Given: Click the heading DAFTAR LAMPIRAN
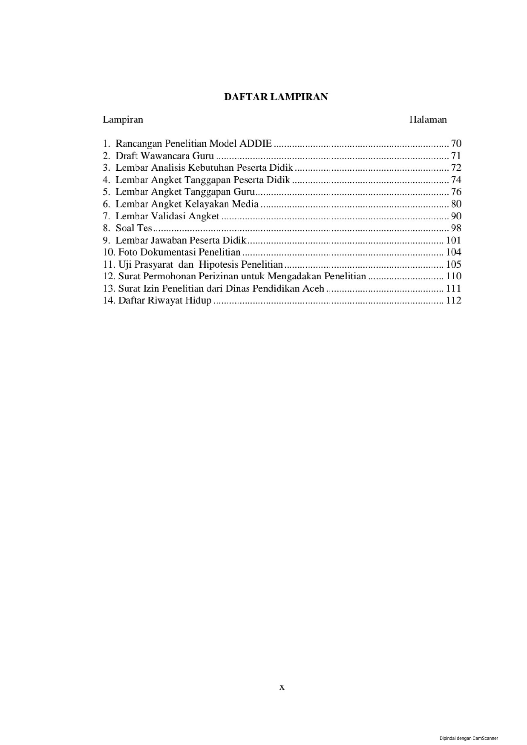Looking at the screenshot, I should pos(276,97).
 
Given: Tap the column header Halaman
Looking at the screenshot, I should pos(428,120).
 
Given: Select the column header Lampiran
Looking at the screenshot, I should pos(123,120).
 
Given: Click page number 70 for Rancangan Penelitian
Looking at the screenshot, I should pos(456,144).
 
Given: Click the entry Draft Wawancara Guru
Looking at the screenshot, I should pos(164,156).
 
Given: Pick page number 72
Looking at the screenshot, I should pos(456,168).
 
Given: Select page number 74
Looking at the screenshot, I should pos(456,180).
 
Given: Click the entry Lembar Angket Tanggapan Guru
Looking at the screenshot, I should pos(185,192).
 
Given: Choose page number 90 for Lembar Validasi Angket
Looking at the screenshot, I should pos(456,216).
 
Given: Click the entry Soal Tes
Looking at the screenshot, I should pos(133,228).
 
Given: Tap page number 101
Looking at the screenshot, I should pos(453,241).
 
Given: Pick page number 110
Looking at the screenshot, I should pos(453,276).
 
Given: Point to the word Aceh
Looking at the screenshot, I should pos(313,289).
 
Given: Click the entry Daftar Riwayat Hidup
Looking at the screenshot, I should pos(164,301).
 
